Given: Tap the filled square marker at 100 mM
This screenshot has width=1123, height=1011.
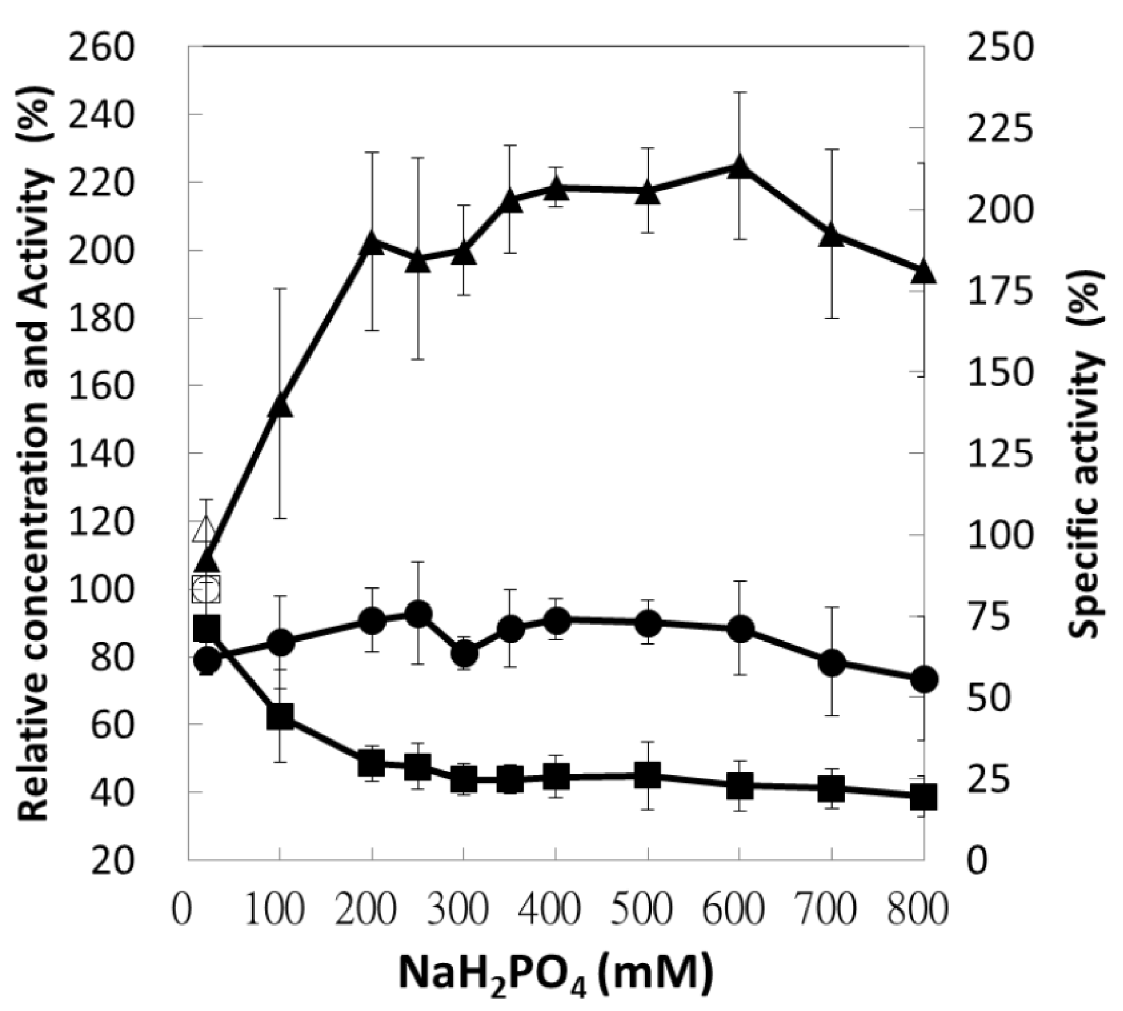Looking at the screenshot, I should point(280,716).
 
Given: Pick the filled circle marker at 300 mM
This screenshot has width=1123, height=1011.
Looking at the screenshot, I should point(464,653).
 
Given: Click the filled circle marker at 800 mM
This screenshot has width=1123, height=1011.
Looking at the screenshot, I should point(923,679).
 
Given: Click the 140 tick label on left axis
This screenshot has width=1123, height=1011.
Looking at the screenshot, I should point(102,453).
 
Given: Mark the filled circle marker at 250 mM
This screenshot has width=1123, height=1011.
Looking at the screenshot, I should point(418,614).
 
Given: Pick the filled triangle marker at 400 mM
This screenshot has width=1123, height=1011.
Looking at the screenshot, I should point(556,189).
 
